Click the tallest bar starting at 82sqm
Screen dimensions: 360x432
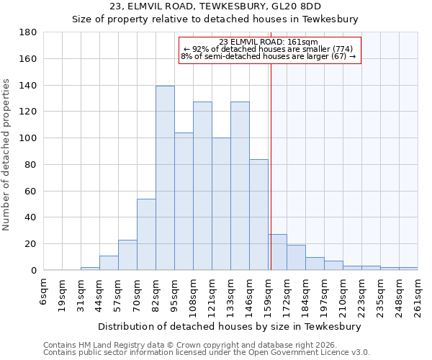tap(165, 178)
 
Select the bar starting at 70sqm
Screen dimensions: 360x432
tap(146, 234)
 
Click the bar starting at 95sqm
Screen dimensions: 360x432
tap(184, 201)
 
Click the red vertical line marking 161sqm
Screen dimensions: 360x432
tap(271, 166)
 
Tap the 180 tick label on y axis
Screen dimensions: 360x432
tap(28, 32)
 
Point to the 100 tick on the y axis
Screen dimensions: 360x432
tap(28, 138)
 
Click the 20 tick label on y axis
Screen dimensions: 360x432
tap(31, 244)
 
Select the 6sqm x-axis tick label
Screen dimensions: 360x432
tap(44, 292)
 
